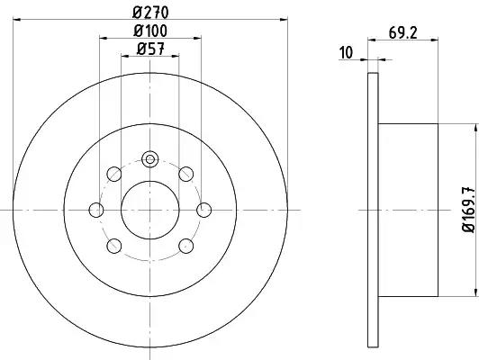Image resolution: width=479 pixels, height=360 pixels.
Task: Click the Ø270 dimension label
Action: (x=150, y=13)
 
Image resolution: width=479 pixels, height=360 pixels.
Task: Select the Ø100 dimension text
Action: (x=150, y=31)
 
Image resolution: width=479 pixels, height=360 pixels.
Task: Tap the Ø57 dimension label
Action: (x=150, y=49)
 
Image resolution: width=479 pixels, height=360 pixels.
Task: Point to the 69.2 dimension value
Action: (x=403, y=32)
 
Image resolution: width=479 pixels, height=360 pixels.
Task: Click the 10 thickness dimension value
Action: (x=346, y=52)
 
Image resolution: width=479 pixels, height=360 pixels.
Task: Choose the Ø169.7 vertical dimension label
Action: (x=469, y=210)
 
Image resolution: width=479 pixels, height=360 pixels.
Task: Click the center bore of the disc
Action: (x=150, y=210)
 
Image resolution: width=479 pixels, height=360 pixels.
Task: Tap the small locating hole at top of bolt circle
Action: (x=150, y=159)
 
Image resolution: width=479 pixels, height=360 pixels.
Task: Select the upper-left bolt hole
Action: (x=114, y=174)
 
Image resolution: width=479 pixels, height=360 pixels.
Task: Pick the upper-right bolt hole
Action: (x=186, y=174)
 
